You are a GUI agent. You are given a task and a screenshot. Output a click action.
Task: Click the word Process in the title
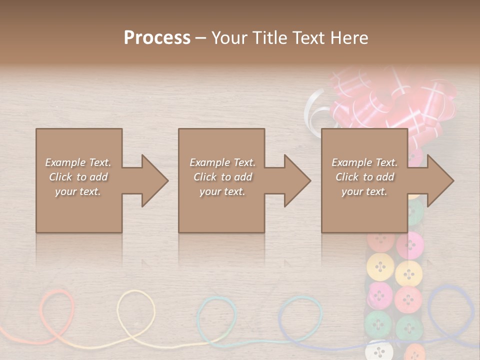157,38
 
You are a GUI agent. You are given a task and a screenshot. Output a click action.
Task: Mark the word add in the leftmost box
99,177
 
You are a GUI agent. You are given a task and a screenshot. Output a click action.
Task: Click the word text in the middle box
235,191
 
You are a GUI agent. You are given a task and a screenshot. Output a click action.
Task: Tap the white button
380,350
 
